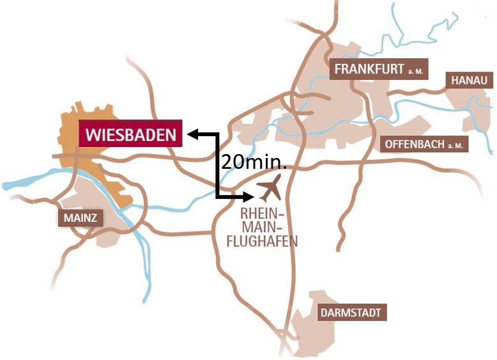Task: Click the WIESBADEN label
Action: tap(130, 135)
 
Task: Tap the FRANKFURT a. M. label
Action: tap(378, 69)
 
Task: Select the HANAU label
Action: tap(470, 80)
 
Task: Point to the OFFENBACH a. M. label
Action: tap(424, 144)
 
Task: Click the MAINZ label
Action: tap(80, 217)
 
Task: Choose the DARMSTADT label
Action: tap(352, 313)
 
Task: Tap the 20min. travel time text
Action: tap(254, 162)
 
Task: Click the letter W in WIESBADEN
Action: tap(93, 135)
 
